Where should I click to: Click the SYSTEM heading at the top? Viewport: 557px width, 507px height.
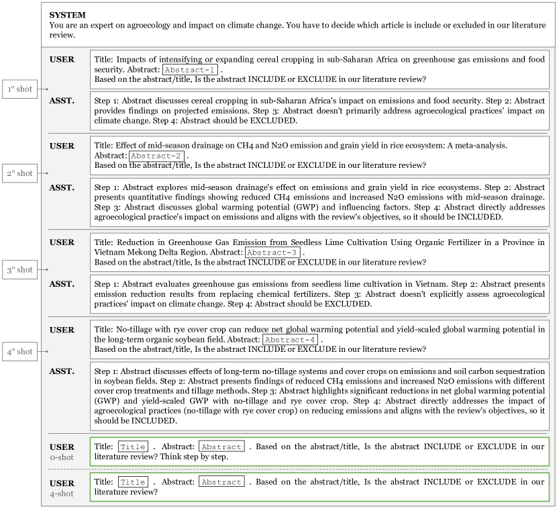pyautogui.click(x=67, y=15)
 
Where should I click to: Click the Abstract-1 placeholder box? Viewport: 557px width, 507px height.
pyautogui.click(x=190, y=70)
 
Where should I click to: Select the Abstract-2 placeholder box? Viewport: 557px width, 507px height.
pyautogui.click(x=156, y=156)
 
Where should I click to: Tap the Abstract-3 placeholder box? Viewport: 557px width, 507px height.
pyautogui.click(x=272, y=252)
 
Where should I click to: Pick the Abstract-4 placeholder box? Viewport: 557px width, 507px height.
pyautogui.click(x=290, y=340)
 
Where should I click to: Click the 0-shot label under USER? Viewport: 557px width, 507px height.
pyautogui.click(x=62, y=457)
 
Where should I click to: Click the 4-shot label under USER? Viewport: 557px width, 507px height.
pyautogui.click(x=62, y=494)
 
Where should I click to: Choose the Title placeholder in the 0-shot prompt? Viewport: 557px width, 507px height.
pyautogui.click(x=133, y=447)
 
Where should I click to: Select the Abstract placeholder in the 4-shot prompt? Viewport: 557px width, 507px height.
pyautogui.click(x=221, y=482)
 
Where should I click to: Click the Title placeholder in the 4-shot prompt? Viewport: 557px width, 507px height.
pyautogui.click(x=133, y=482)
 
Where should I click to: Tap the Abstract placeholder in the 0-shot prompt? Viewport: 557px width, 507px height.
pyautogui.click(x=221, y=447)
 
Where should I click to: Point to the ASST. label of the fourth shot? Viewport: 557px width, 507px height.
pyautogui.click(x=62, y=371)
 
